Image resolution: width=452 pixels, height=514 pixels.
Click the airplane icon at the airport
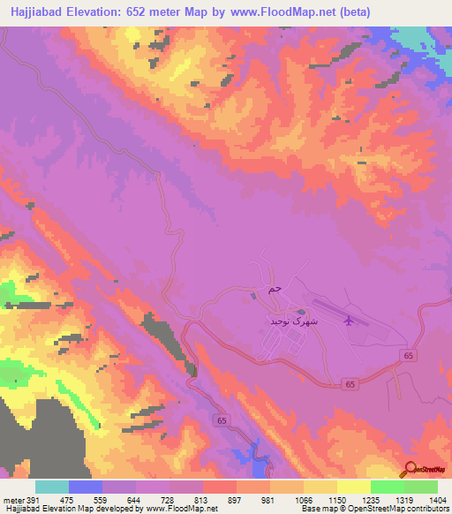[349, 321]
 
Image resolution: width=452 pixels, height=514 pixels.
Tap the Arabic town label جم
[275, 288]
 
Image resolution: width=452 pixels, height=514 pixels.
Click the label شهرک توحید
[290, 323]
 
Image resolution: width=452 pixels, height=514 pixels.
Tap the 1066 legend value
[293, 499]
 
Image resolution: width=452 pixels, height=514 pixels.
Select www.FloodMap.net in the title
[280, 11]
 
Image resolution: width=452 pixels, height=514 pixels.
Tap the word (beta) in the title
[352, 11]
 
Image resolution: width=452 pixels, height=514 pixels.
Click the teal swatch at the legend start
[52, 487]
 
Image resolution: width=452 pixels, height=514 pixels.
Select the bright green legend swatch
[388, 487]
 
